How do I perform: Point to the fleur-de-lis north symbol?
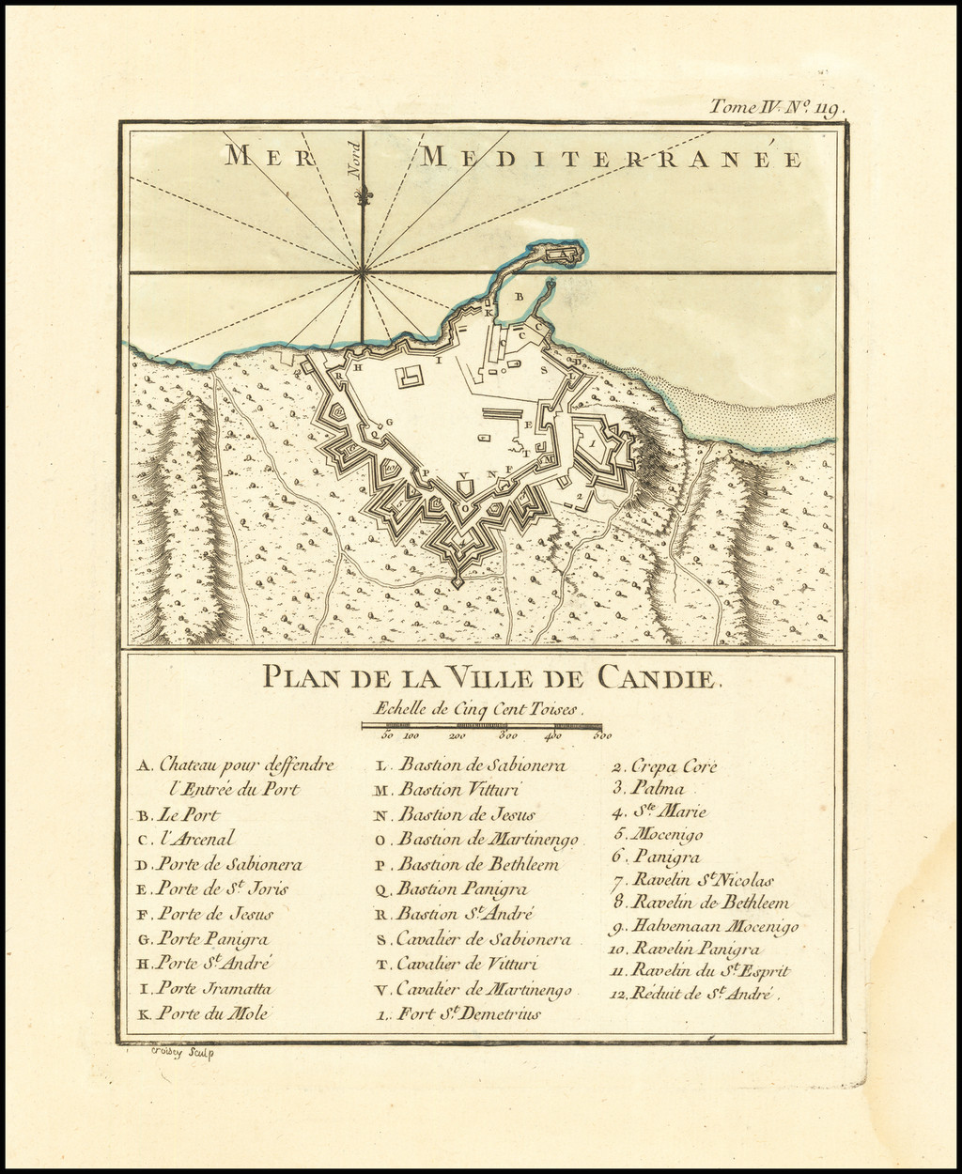tap(362, 195)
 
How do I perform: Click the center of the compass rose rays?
tap(362, 272)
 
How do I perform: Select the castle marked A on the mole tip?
tap(559, 253)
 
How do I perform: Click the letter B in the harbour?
tap(519, 296)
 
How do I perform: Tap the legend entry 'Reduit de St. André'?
tap(696, 994)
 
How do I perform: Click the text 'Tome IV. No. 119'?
tap(776, 108)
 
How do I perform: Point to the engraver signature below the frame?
tap(182, 1054)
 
